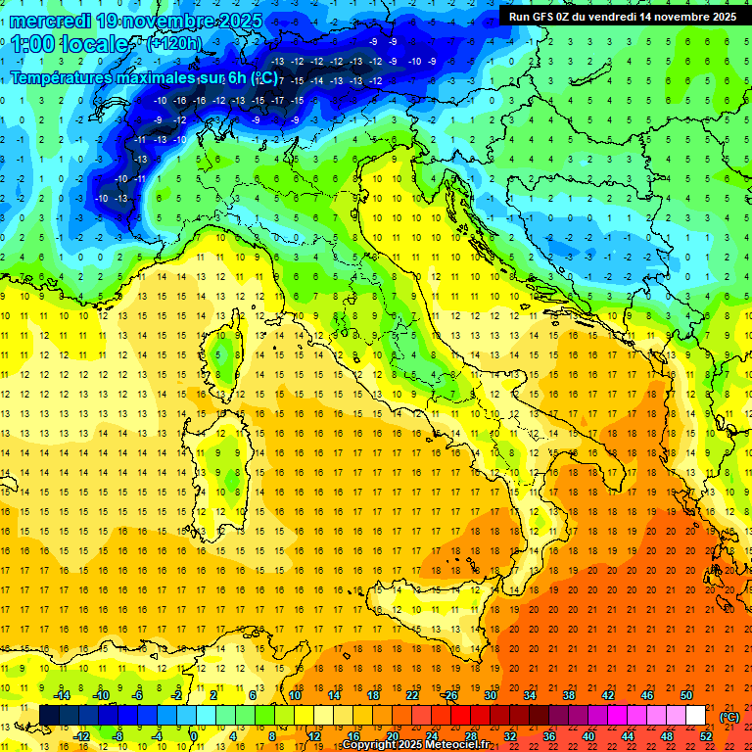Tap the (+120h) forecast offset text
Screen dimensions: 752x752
[173, 43]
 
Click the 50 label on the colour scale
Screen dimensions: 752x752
[687, 695]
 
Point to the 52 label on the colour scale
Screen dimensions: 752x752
[706, 735]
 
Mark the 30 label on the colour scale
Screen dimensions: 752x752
[491, 695]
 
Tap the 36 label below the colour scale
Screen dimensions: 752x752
[549, 735]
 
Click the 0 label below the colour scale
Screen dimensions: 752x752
[194, 735]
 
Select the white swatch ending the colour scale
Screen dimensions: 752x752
[696, 715]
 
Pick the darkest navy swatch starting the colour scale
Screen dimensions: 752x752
[49, 715]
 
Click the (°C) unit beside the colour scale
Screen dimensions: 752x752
[729, 717]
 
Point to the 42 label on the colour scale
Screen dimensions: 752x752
[608, 695]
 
